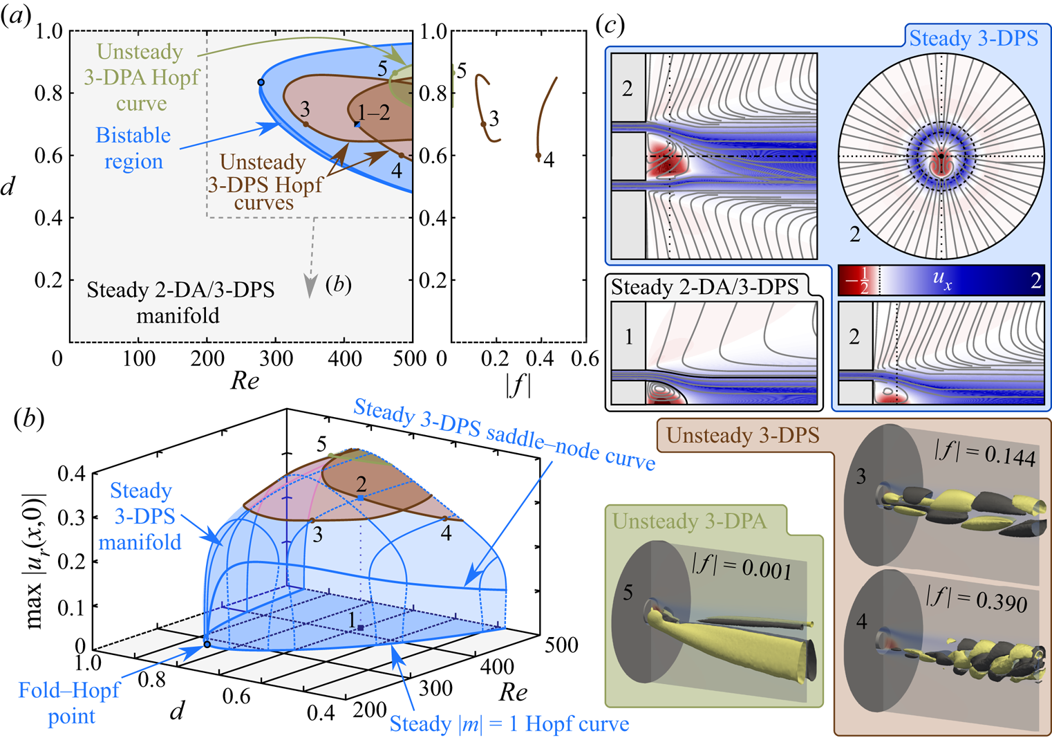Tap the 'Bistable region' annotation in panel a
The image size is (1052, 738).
click(x=133, y=148)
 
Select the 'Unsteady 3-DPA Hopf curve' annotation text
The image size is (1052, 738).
click(x=142, y=77)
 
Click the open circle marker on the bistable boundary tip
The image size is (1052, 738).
click(x=261, y=82)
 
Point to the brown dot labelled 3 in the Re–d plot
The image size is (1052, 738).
click(x=306, y=124)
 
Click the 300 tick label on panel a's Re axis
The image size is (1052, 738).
click(x=276, y=359)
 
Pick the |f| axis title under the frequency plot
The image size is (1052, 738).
click(x=518, y=387)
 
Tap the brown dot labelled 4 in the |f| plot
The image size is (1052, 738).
click(x=538, y=155)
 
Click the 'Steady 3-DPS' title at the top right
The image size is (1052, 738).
click(x=974, y=38)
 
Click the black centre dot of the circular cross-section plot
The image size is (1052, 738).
click(x=941, y=156)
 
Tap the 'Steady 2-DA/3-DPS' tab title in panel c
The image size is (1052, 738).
click(x=704, y=287)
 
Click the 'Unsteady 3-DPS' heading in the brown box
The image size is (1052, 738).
click(x=743, y=435)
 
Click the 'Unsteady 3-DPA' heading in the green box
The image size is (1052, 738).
click(x=689, y=522)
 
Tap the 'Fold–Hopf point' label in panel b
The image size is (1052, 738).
click(x=70, y=703)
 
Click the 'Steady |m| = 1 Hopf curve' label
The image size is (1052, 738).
click(x=509, y=724)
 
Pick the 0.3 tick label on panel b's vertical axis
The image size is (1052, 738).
click(x=71, y=517)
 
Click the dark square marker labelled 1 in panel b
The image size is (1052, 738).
click(x=361, y=628)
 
